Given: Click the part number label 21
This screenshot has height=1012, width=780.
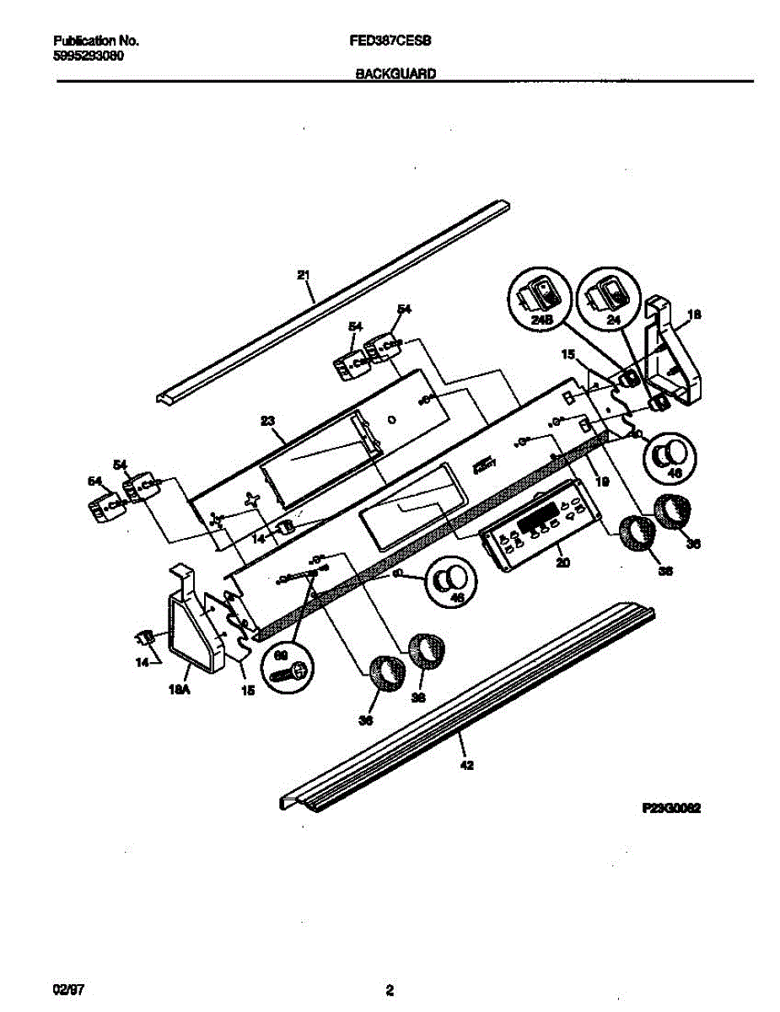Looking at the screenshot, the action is (304, 275).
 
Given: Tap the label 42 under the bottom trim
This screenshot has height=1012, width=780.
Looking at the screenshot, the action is (467, 766).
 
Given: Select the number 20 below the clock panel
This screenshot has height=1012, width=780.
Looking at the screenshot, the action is (562, 561).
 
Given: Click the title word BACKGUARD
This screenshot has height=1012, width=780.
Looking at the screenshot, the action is (395, 73).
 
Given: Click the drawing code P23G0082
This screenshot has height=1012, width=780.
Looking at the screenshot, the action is (672, 807).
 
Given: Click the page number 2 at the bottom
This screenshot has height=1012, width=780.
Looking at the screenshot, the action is (390, 989).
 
